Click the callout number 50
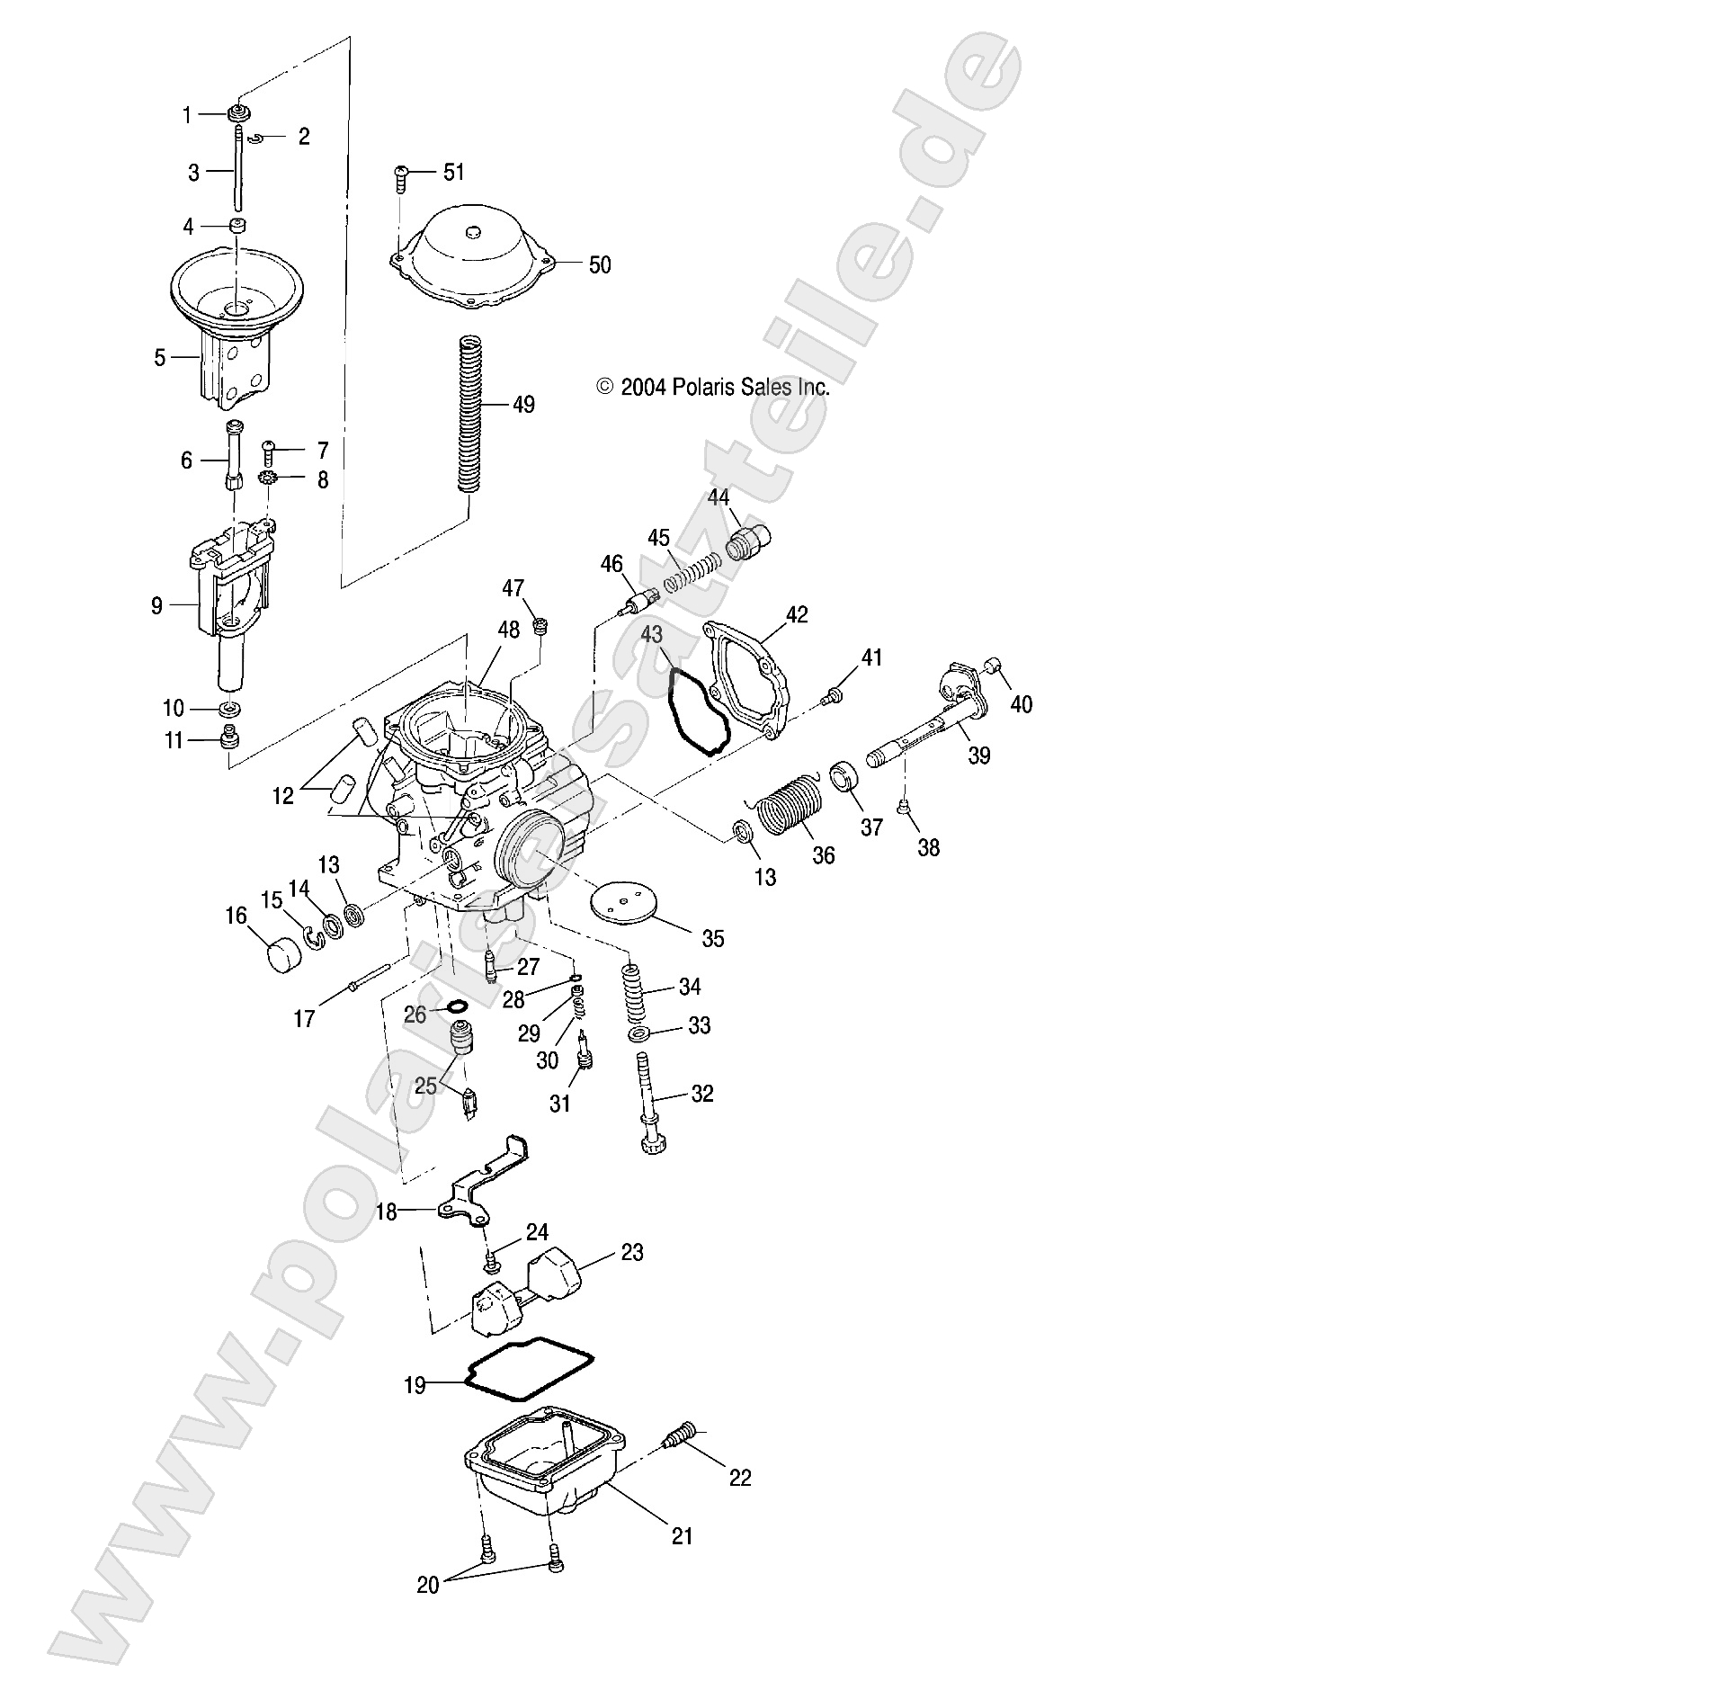tap(599, 264)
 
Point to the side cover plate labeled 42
tap(749, 688)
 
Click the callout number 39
tap(978, 756)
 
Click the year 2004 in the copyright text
tap(644, 388)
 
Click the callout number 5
tap(159, 358)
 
